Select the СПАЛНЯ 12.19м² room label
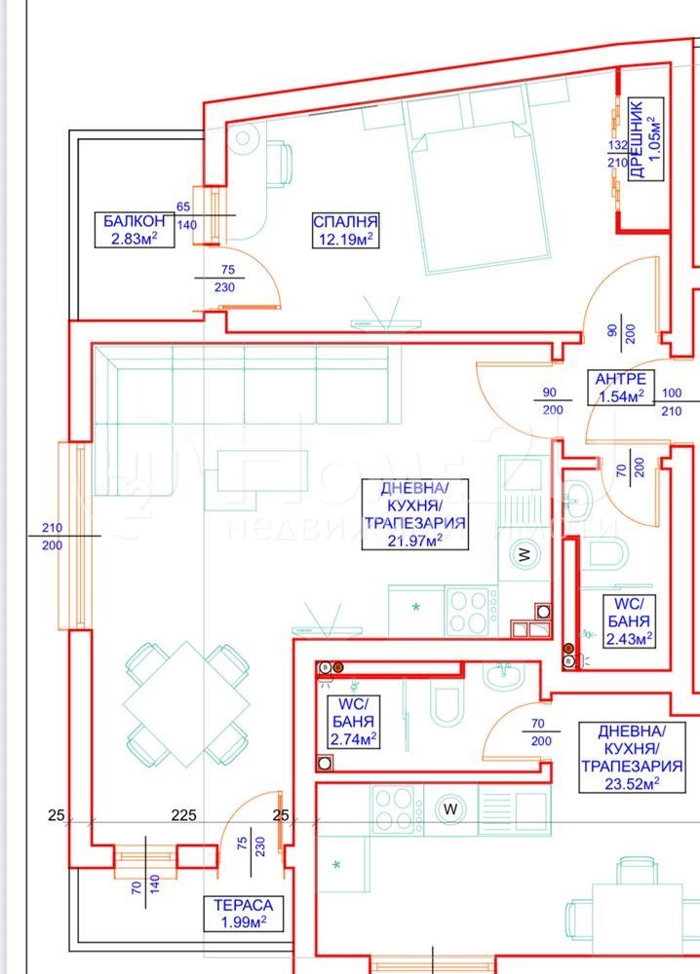pos(344,229)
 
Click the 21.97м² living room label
pos(413,514)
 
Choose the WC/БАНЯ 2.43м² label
pos(628,620)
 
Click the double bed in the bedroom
pos(476,200)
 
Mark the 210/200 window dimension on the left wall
pos(52,536)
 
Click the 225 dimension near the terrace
pos(183,814)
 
